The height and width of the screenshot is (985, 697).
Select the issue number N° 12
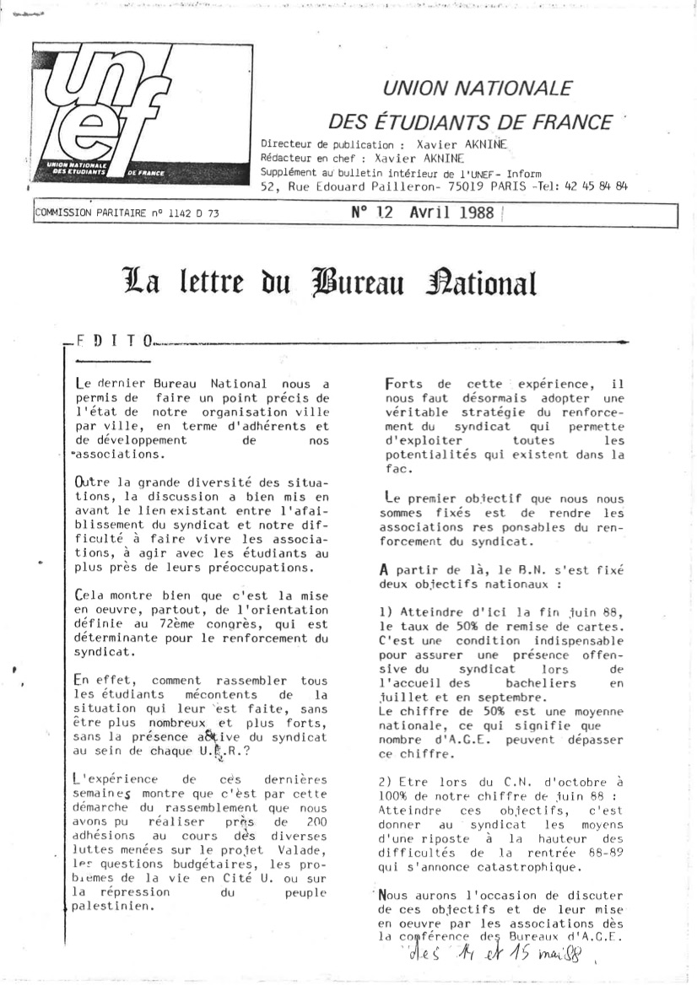coord(372,213)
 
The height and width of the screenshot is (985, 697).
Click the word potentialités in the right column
coord(419,455)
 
